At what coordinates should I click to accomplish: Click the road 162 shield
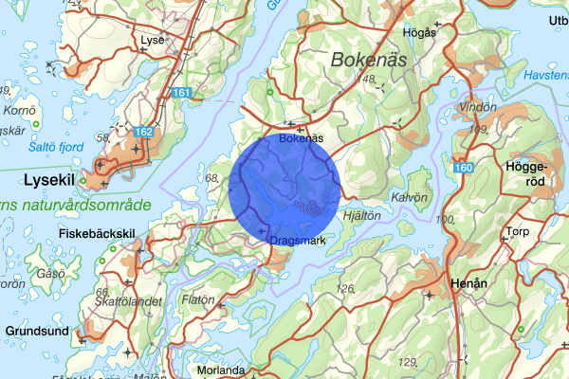coord(144,131)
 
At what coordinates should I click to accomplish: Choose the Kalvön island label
coord(412,197)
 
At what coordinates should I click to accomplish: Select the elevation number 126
coord(345,287)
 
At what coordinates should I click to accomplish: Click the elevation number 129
coord(409,361)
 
